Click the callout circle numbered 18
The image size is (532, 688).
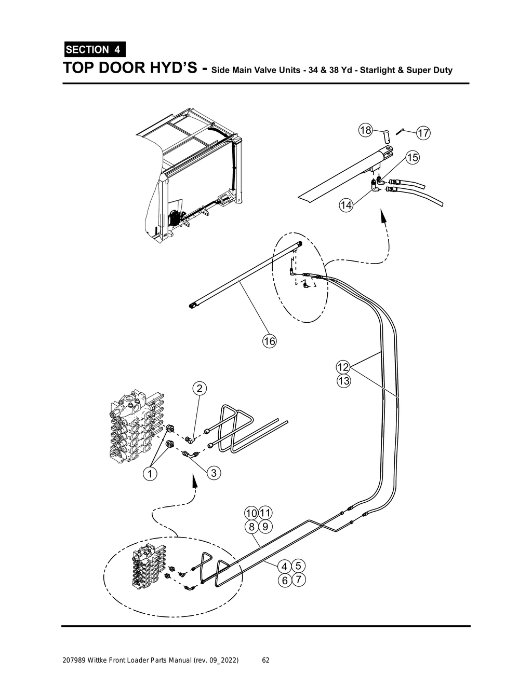coord(366,130)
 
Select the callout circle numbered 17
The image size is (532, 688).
coord(423,133)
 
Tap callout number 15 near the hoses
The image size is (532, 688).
coord(412,157)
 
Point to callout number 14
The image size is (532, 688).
coord(346,205)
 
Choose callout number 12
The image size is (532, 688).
coord(343,367)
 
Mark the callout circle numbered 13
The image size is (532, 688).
coord(343,381)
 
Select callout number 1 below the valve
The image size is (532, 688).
coord(150,473)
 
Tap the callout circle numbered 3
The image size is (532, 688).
coord(214,473)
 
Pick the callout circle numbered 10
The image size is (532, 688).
coord(251,513)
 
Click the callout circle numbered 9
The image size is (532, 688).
coord(265,527)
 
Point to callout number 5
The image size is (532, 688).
coord(298,566)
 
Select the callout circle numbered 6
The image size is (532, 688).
coord(285,580)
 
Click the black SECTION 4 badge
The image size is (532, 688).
coord(94,50)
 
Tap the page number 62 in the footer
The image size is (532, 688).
coord(265,661)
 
